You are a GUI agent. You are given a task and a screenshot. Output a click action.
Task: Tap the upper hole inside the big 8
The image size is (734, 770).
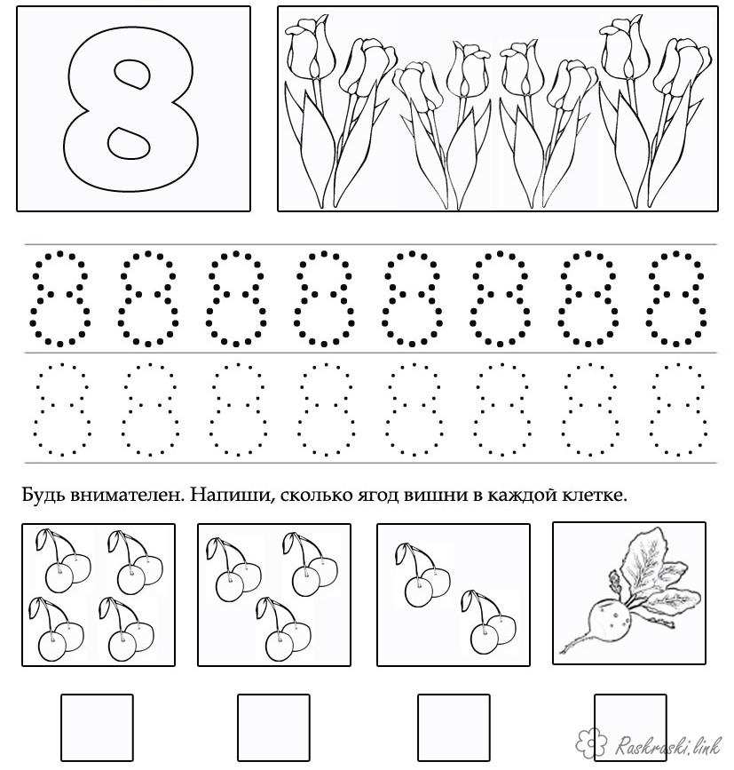tap(132, 74)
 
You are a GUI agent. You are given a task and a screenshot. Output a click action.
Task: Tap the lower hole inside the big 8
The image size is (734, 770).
tap(129, 142)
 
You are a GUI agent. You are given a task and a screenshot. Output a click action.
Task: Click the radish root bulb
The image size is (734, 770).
tap(607, 620)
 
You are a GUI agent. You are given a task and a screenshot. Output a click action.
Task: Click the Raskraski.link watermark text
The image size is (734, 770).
tap(667, 744)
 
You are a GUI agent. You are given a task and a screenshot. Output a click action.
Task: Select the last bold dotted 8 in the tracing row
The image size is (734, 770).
tap(676, 298)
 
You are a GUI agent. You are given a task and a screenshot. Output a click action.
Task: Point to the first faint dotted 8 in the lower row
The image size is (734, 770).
tap(62, 409)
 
